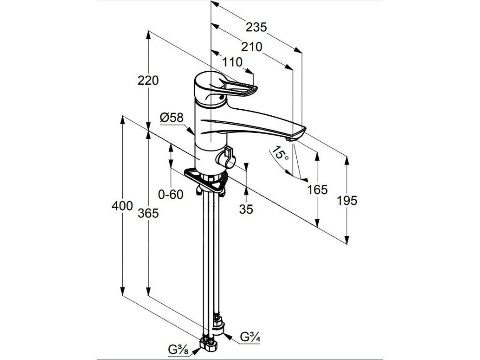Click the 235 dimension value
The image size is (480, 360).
coord(256,28)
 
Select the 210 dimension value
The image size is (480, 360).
coord(252,47)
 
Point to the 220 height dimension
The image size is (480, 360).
coord(148,81)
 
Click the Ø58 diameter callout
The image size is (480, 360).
coord(171,118)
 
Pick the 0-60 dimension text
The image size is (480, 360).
coord(170,194)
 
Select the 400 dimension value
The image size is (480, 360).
coord(122,206)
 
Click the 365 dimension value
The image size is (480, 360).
coord(148,213)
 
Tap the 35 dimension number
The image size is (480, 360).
coord(246,210)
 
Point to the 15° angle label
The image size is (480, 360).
coord(280,154)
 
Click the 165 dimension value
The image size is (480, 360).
coord(317,190)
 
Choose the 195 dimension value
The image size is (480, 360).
coord(347,201)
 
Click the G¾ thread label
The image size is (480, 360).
coord(248,337)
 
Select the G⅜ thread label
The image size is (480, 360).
coord(179,349)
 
